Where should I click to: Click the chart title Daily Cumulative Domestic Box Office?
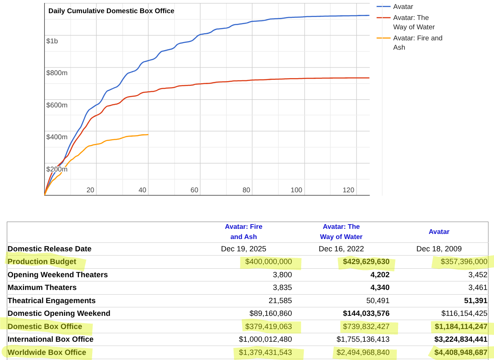111,11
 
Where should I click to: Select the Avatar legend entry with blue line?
403,7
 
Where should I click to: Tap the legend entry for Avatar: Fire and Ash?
417,43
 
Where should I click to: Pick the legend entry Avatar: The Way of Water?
413,22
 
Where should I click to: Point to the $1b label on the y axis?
52,41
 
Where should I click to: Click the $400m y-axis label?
57,137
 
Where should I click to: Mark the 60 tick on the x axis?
195,190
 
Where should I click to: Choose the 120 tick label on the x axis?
348,190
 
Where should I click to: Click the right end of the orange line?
148,135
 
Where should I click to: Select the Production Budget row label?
42,262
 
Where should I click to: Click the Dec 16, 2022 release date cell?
341,249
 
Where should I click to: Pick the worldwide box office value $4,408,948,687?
460,352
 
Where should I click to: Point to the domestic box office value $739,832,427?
365,326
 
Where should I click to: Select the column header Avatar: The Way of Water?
341,231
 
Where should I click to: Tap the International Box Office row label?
51,339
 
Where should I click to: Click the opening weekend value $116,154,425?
464,313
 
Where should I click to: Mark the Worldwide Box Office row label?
47,352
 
